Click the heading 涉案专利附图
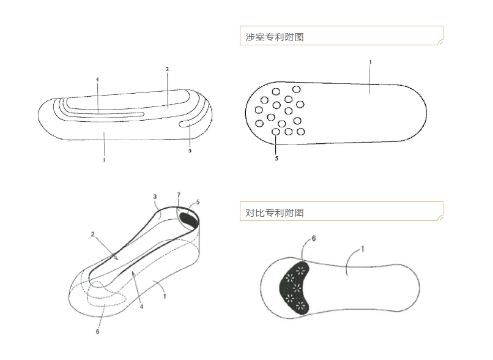[x=275, y=37]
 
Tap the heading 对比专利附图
[x=275, y=213]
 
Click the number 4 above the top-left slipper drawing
[x=97, y=80]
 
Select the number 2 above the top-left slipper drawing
[x=167, y=69]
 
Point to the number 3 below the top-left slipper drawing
[x=190, y=151]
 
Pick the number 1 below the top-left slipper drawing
[x=105, y=160]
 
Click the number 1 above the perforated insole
[x=370, y=62]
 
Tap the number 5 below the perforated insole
[x=276, y=159]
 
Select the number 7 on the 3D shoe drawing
[x=179, y=195]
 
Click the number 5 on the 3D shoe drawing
[x=198, y=201]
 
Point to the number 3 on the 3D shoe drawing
[x=155, y=197]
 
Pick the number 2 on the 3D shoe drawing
[x=92, y=234]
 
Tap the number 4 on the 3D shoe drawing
[x=141, y=306]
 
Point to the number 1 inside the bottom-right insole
[x=362, y=249]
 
